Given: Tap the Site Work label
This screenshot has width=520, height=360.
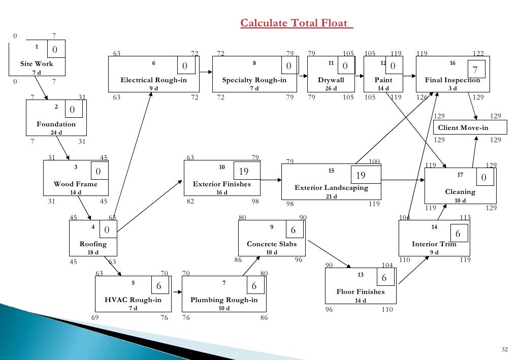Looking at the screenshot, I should [x=37, y=64].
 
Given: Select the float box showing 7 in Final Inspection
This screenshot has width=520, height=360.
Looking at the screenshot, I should [x=475, y=70].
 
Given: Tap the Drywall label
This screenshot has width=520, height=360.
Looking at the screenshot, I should [x=331, y=80].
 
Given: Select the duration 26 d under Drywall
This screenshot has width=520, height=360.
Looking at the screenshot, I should [x=331, y=88].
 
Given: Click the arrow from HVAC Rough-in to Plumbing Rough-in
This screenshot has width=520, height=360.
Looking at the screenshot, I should [x=178, y=292].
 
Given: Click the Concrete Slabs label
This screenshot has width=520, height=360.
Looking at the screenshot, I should [x=272, y=244].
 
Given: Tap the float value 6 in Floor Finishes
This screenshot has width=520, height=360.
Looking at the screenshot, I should [x=384, y=278].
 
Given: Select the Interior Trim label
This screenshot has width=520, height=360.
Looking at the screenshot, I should [x=434, y=244].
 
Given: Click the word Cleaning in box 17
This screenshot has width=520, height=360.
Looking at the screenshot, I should [x=460, y=192].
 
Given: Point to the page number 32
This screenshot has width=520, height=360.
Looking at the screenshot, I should [x=504, y=349].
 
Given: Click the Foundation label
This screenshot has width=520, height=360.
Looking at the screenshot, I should [x=56, y=124].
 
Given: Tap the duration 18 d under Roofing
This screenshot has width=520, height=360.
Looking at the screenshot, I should [x=93, y=252].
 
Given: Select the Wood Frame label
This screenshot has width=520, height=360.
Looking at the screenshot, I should [x=76, y=184].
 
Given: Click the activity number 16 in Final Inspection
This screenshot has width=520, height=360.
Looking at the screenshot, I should [x=453, y=63].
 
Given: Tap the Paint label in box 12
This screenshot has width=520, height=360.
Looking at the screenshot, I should [x=383, y=80].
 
